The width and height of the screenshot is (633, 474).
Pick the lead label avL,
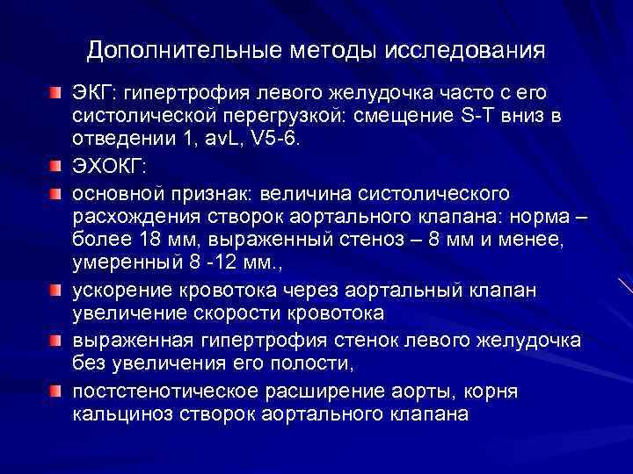[207, 142]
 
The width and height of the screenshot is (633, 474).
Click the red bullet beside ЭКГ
[55, 92]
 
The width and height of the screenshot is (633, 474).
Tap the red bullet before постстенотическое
[55, 387]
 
